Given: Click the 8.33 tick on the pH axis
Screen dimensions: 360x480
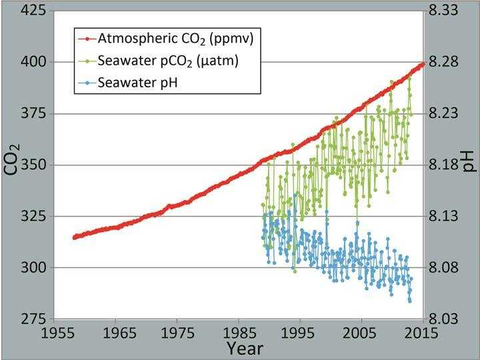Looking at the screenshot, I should pos(450,11).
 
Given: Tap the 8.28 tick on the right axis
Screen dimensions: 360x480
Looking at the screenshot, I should pos(450,62).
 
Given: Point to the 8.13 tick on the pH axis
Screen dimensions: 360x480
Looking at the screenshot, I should pos(450,216).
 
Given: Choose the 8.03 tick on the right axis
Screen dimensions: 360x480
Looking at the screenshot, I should pos(450,319).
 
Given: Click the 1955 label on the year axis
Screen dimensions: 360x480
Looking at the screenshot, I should pos(56,333).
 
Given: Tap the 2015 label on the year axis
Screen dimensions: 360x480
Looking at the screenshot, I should pos(422,333).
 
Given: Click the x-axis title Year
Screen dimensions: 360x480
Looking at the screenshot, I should pos(243,349).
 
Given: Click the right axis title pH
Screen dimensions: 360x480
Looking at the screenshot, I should pos(469,159).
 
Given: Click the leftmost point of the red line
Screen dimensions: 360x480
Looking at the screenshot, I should pos(74,237).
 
